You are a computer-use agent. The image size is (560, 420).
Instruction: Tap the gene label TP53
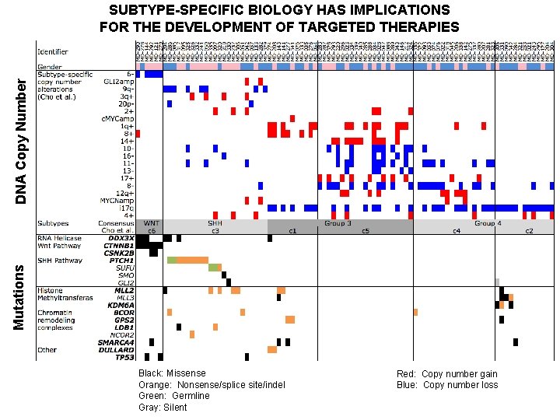[124, 357]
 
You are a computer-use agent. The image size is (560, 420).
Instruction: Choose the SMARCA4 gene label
[116, 342]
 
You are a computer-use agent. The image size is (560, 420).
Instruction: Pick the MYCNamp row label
[119, 201]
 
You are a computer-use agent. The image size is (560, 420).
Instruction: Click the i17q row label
[126, 208]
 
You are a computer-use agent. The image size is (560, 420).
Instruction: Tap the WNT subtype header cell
[151, 222]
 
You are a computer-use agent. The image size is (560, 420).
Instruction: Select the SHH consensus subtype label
[215, 222]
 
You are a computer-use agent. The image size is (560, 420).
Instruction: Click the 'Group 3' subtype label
[338, 222]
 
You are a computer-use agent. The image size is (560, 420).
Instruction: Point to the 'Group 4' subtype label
[487, 222]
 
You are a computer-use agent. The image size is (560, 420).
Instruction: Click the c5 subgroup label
[364, 230]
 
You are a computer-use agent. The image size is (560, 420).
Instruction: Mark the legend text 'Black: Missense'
[172, 374]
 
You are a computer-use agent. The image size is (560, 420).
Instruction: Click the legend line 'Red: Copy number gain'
[446, 374]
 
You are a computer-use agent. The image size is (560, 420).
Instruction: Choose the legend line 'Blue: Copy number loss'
[446, 385]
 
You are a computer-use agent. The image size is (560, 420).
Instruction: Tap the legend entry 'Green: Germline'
[173, 396]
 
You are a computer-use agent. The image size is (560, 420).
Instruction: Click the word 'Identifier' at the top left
[51, 52]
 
